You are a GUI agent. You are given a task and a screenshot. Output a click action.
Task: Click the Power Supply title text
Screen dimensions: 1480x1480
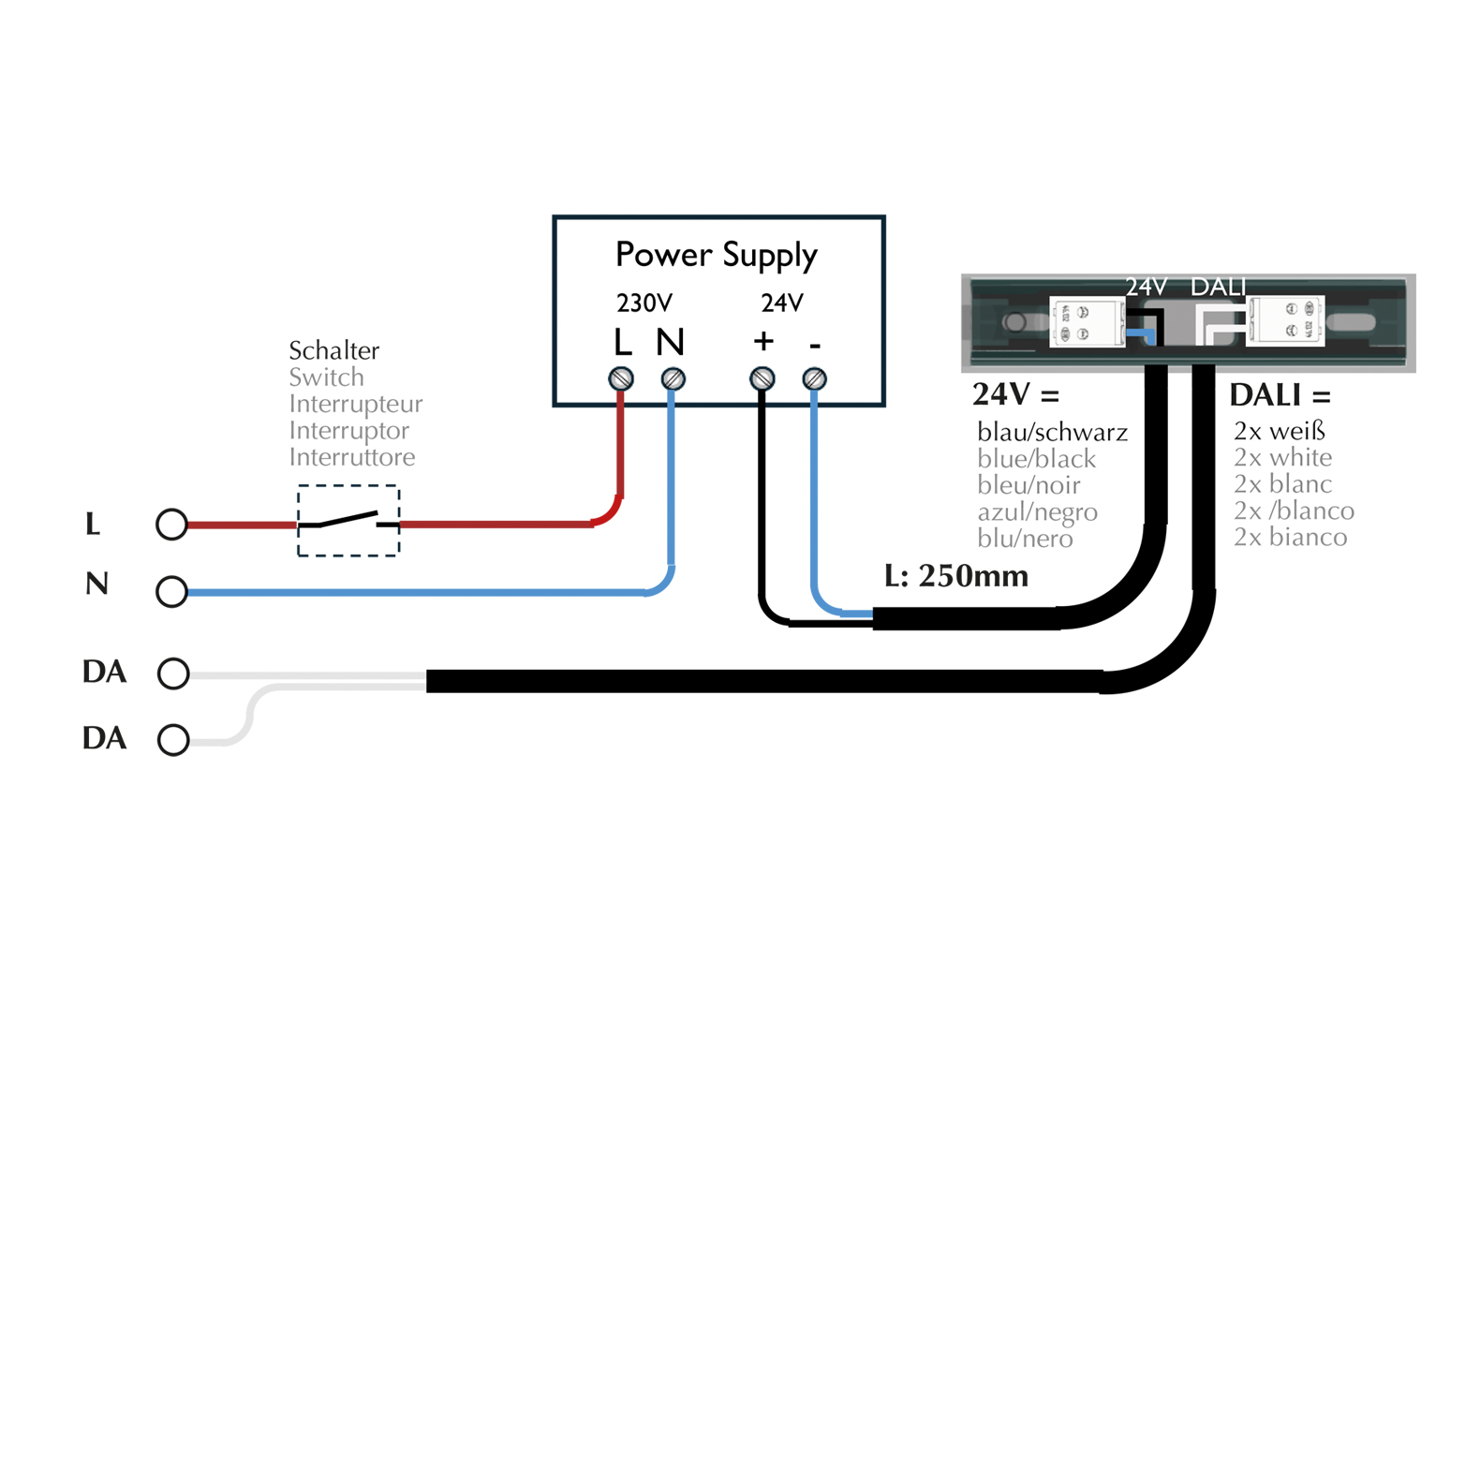[717, 255]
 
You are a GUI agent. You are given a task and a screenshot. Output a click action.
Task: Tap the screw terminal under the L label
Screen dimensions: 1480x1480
[621, 378]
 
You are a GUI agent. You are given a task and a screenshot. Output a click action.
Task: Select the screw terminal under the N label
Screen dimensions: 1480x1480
[673, 378]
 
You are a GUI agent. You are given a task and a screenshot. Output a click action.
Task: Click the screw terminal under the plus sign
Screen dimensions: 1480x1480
[762, 378]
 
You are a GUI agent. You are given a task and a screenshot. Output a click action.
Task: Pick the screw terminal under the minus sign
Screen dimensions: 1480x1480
[815, 378]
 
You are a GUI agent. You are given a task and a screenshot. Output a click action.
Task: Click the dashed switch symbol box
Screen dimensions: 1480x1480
[348, 521]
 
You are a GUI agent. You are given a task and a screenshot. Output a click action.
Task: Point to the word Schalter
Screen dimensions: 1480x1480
[333, 350]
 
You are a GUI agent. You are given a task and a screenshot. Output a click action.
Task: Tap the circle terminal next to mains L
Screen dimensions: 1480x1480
[171, 525]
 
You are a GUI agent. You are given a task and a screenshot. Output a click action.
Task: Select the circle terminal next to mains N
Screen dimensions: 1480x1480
[171, 592]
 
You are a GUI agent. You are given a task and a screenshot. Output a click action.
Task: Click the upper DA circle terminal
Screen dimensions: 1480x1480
[173, 673]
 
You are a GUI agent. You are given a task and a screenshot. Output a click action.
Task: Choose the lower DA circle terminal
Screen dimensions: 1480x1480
[173, 740]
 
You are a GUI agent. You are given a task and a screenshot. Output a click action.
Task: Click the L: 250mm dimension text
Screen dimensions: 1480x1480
[955, 575]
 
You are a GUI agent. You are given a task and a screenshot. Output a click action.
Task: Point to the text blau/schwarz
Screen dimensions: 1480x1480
[1052, 432]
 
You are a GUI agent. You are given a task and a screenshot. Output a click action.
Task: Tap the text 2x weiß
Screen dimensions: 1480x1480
[1280, 431]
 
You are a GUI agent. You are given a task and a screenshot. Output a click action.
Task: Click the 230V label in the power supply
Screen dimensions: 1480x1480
[644, 303]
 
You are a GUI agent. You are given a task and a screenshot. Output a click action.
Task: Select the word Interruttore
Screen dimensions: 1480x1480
[351, 457]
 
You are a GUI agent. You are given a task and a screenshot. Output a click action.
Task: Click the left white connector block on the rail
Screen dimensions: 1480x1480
[1087, 322]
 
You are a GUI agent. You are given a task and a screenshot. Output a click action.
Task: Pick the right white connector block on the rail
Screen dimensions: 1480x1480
[1285, 321]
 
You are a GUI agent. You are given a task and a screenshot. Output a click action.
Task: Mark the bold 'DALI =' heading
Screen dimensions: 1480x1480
[1280, 395]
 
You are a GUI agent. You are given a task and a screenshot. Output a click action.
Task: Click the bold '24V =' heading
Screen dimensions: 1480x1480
[1015, 394]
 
